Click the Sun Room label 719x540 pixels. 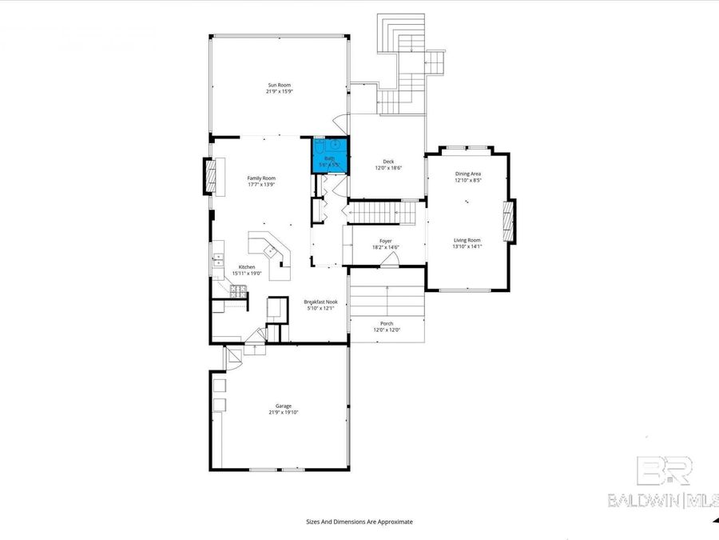pos(280,84)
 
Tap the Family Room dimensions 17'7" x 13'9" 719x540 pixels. pos(261,185)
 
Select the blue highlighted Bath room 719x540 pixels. pos(329,155)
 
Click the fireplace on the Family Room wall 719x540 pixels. pos(212,176)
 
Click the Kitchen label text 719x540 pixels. pos(247,266)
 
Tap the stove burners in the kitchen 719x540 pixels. pos(237,293)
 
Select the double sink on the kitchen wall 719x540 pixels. pos(218,260)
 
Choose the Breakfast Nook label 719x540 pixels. pos(320,302)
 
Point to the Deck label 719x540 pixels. pos(388,162)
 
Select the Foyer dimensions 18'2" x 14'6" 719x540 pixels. pos(386,247)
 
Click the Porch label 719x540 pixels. pos(387,324)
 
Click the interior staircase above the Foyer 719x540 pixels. pos(383,214)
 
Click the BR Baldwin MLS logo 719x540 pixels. pos(662,485)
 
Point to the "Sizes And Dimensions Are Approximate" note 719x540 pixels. pos(359,522)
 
